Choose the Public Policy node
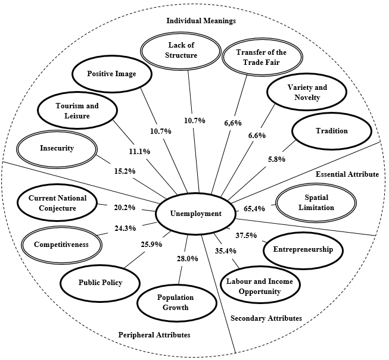click(x=101, y=283)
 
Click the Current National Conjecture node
click(x=57, y=203)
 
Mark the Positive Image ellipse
click(x=112, y=74)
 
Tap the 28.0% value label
click(x=186, y=258)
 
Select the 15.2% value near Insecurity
click(x=124, y=171)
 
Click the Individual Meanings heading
click(x=201, y=20)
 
